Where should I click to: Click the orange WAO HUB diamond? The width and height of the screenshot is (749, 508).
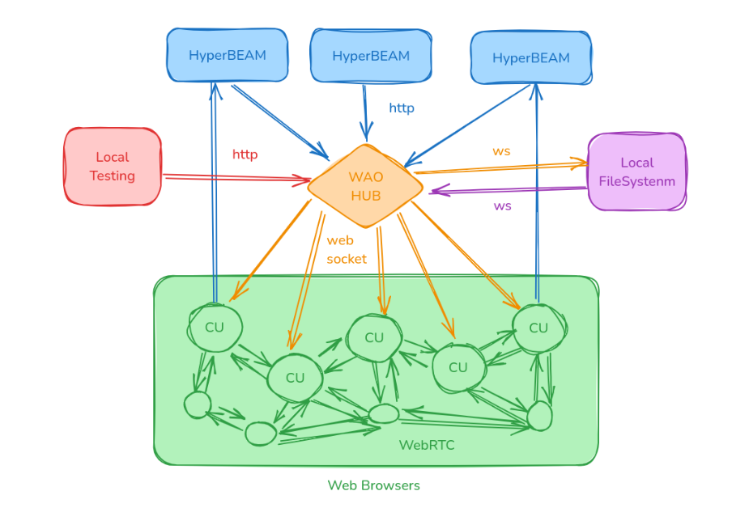(x=365, y=186)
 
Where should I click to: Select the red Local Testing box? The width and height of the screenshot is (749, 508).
(x=113, y=166)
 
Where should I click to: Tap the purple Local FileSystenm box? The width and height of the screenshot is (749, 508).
(x=637, y=171)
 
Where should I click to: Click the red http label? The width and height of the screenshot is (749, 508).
(x=245, y=155)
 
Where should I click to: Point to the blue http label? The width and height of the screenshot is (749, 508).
(x=402, y=108)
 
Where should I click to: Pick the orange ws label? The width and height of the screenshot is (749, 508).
(x=501, y=151)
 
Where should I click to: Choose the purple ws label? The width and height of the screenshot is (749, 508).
(x=503, y=205)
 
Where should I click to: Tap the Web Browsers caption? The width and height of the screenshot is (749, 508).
(x=373, y=485)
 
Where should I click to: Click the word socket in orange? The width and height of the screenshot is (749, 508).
(x=347, y=259)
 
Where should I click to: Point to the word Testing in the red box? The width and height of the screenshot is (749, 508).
(x=113, y=176)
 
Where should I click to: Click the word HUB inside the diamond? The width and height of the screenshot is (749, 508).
(x=366, y=196)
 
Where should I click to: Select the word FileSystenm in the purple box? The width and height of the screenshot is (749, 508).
(x=637, y=181)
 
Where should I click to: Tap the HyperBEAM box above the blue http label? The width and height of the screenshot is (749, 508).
(x=371, y=56)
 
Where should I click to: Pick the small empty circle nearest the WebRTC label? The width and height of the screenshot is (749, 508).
(x=383, y=414)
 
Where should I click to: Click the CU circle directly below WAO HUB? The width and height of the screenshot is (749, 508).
(x=374, y=337)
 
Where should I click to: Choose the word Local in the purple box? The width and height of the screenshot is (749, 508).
(x=637, y=163)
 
